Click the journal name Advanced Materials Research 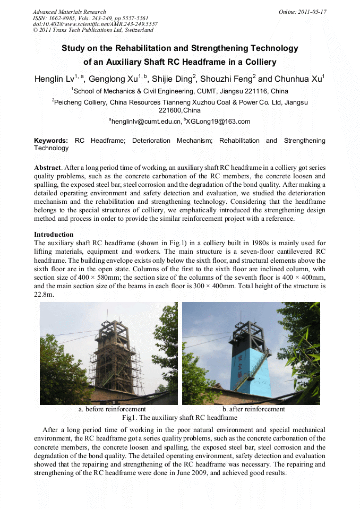click(x=69, y=12)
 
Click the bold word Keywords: click(x=51, y=141)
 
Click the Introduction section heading click(x=54, y=235)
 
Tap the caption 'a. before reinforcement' click(x=112, y=409)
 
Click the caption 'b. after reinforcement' click(x=253, y=409)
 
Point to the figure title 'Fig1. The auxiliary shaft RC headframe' click(x=179, y=418)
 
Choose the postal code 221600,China click(x=180, y=110)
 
